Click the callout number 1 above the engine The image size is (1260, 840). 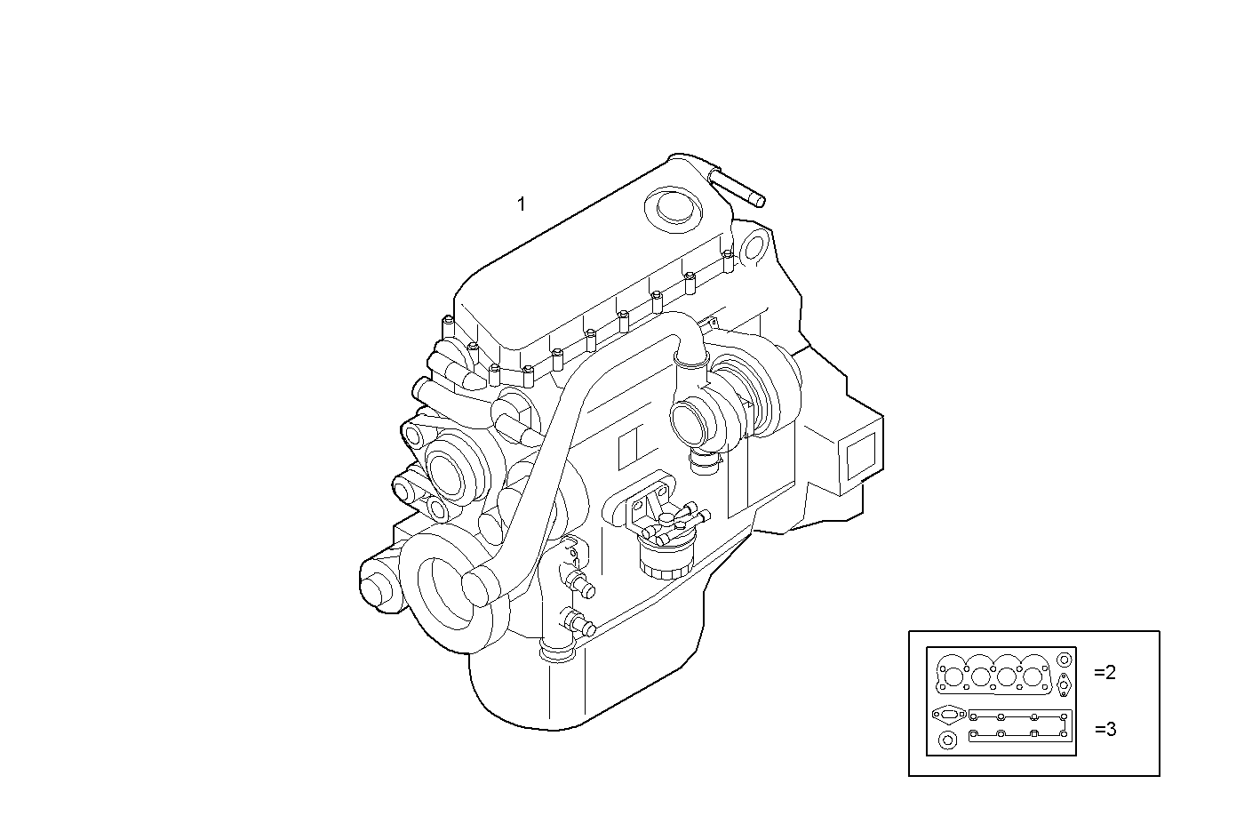(x=522, y=204)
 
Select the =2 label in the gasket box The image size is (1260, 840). (x=1104, y=673)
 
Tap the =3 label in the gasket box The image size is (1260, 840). (x=1104, y=730)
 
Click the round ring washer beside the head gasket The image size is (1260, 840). (x=1065, y=660)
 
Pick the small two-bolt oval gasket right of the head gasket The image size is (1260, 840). (x=1065, y=685)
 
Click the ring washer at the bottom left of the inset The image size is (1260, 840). (x=947, y=740)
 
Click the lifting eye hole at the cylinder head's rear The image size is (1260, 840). (x=754, y=246)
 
